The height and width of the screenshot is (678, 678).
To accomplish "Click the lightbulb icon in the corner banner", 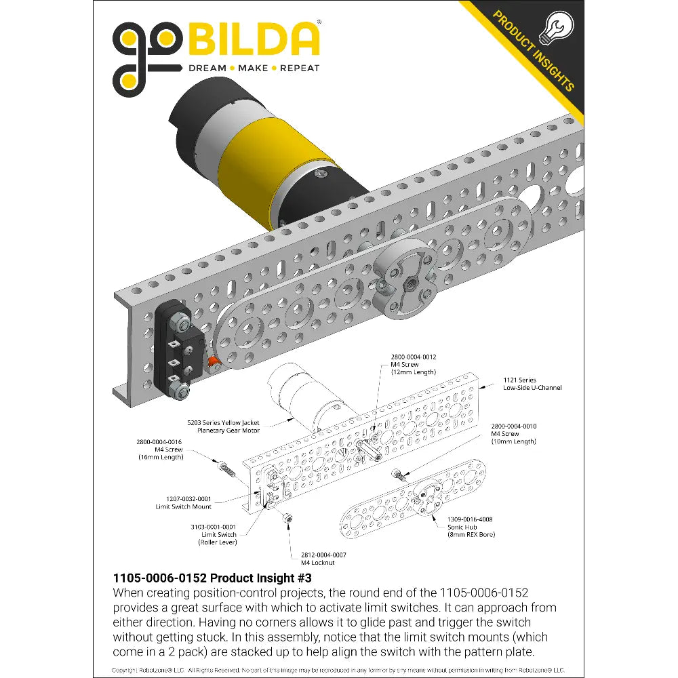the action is tap(557, 27).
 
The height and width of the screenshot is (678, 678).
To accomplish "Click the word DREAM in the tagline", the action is tap(207, 68).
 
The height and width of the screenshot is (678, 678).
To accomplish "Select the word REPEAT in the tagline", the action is tap(300, 68).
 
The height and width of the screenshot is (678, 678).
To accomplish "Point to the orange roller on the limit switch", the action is tap(213, 362).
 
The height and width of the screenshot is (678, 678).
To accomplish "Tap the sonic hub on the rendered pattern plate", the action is tap(404, 279).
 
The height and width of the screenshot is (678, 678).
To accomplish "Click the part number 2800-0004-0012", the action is tap(414, 357).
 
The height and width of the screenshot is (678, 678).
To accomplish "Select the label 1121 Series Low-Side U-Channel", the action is tap(532, 384).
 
